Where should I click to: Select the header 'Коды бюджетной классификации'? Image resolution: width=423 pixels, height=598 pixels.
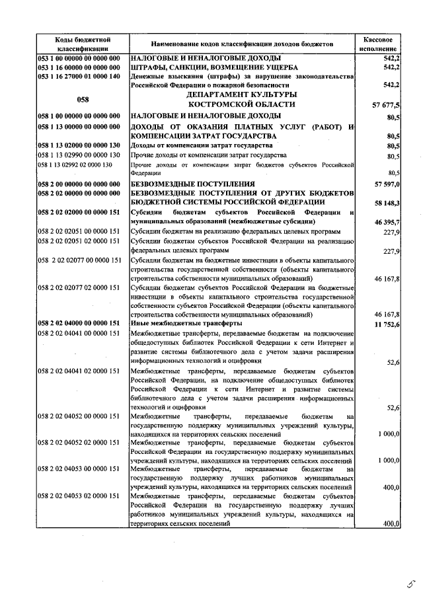(x=78, y=44)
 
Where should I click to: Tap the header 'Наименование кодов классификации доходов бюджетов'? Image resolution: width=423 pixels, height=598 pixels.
(x=242, y=44)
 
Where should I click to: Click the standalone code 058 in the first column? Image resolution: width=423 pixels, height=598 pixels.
(x=82, y=99)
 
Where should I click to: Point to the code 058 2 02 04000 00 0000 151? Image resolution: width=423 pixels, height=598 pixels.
(x=79, y=323)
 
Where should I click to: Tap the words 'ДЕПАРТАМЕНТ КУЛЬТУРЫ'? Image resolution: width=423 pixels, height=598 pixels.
(x=242, y=94)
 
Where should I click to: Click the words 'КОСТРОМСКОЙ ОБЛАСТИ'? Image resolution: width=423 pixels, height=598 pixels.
(x=242, y=104)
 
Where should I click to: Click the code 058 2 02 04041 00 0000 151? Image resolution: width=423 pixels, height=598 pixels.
(x=79, y=333)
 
